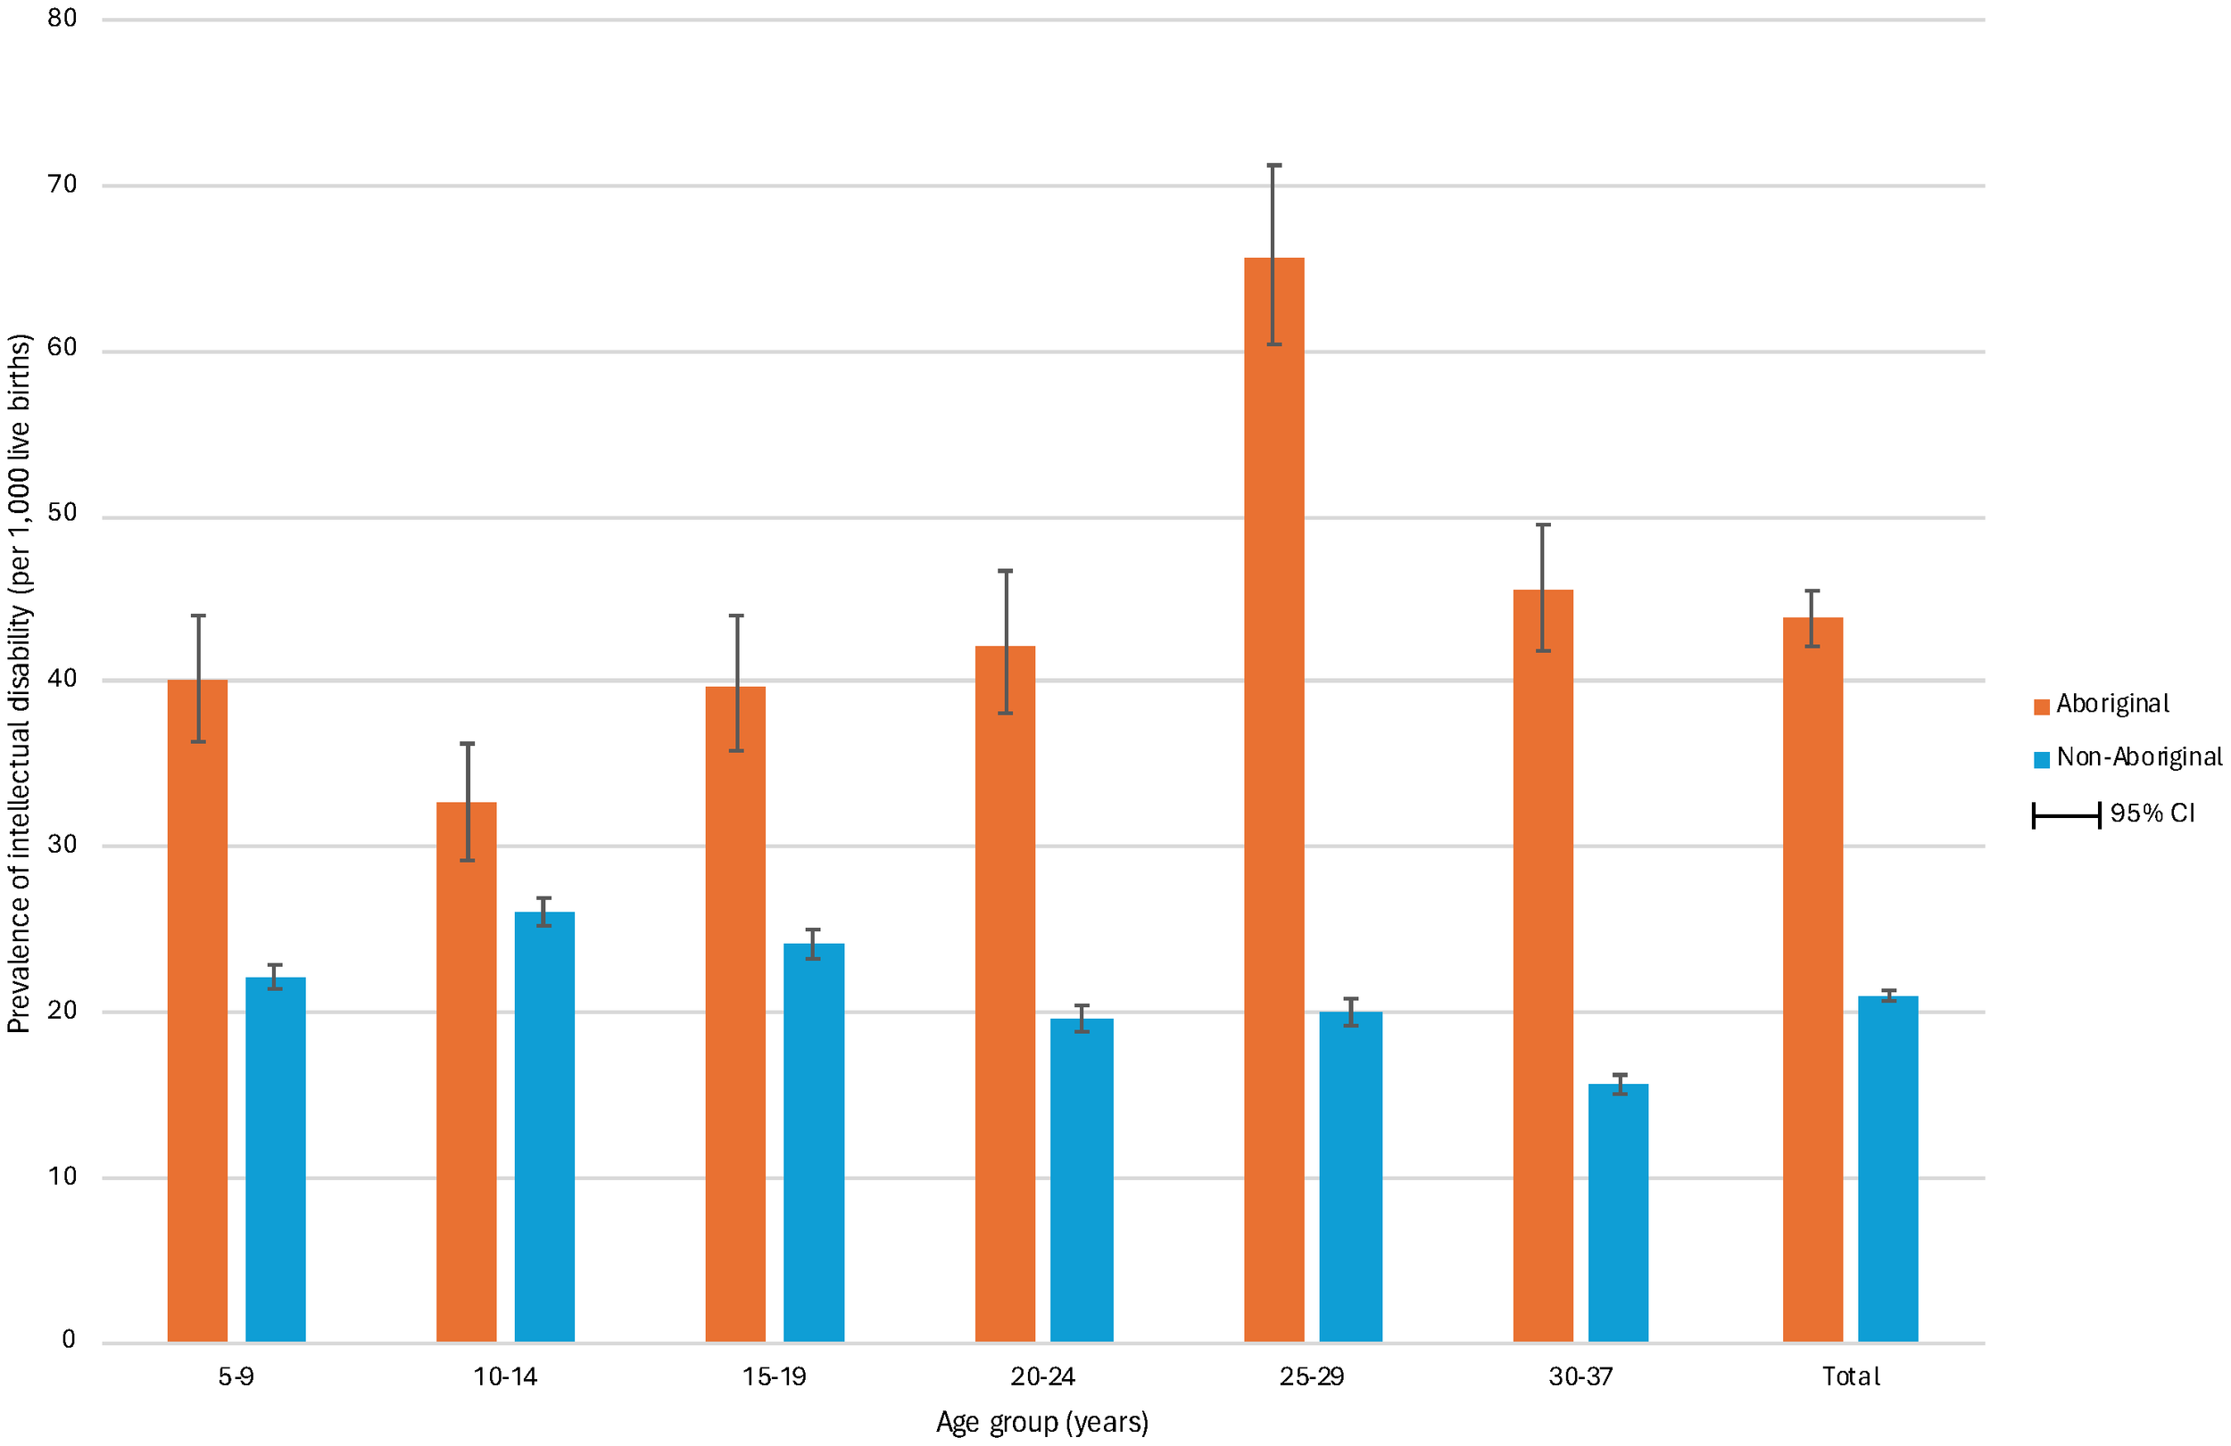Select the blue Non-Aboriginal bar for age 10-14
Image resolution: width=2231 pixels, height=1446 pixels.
point(543,1125)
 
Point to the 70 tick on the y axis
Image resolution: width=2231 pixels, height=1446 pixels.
point(62,184)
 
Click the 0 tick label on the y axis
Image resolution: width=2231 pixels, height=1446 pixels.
point(69,1339)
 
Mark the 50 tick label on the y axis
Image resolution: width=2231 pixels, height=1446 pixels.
point(62,513)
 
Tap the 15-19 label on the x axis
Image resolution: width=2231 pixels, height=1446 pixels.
point(774,1376)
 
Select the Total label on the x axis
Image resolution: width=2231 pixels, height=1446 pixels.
point(1851,1376)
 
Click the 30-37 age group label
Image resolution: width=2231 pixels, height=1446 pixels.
point(1580,1376)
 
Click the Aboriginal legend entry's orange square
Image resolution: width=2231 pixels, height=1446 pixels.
point(2041,706)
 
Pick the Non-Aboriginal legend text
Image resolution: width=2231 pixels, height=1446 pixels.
point(2138,756)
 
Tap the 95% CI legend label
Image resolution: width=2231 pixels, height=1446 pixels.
point(2152,813)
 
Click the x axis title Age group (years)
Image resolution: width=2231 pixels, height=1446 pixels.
point(1041,1423)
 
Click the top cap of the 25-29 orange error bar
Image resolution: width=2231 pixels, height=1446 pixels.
point(1274,166)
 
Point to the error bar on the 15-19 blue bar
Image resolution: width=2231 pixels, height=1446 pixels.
point(813,943)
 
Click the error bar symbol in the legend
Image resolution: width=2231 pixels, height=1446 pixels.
point(2066,815)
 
